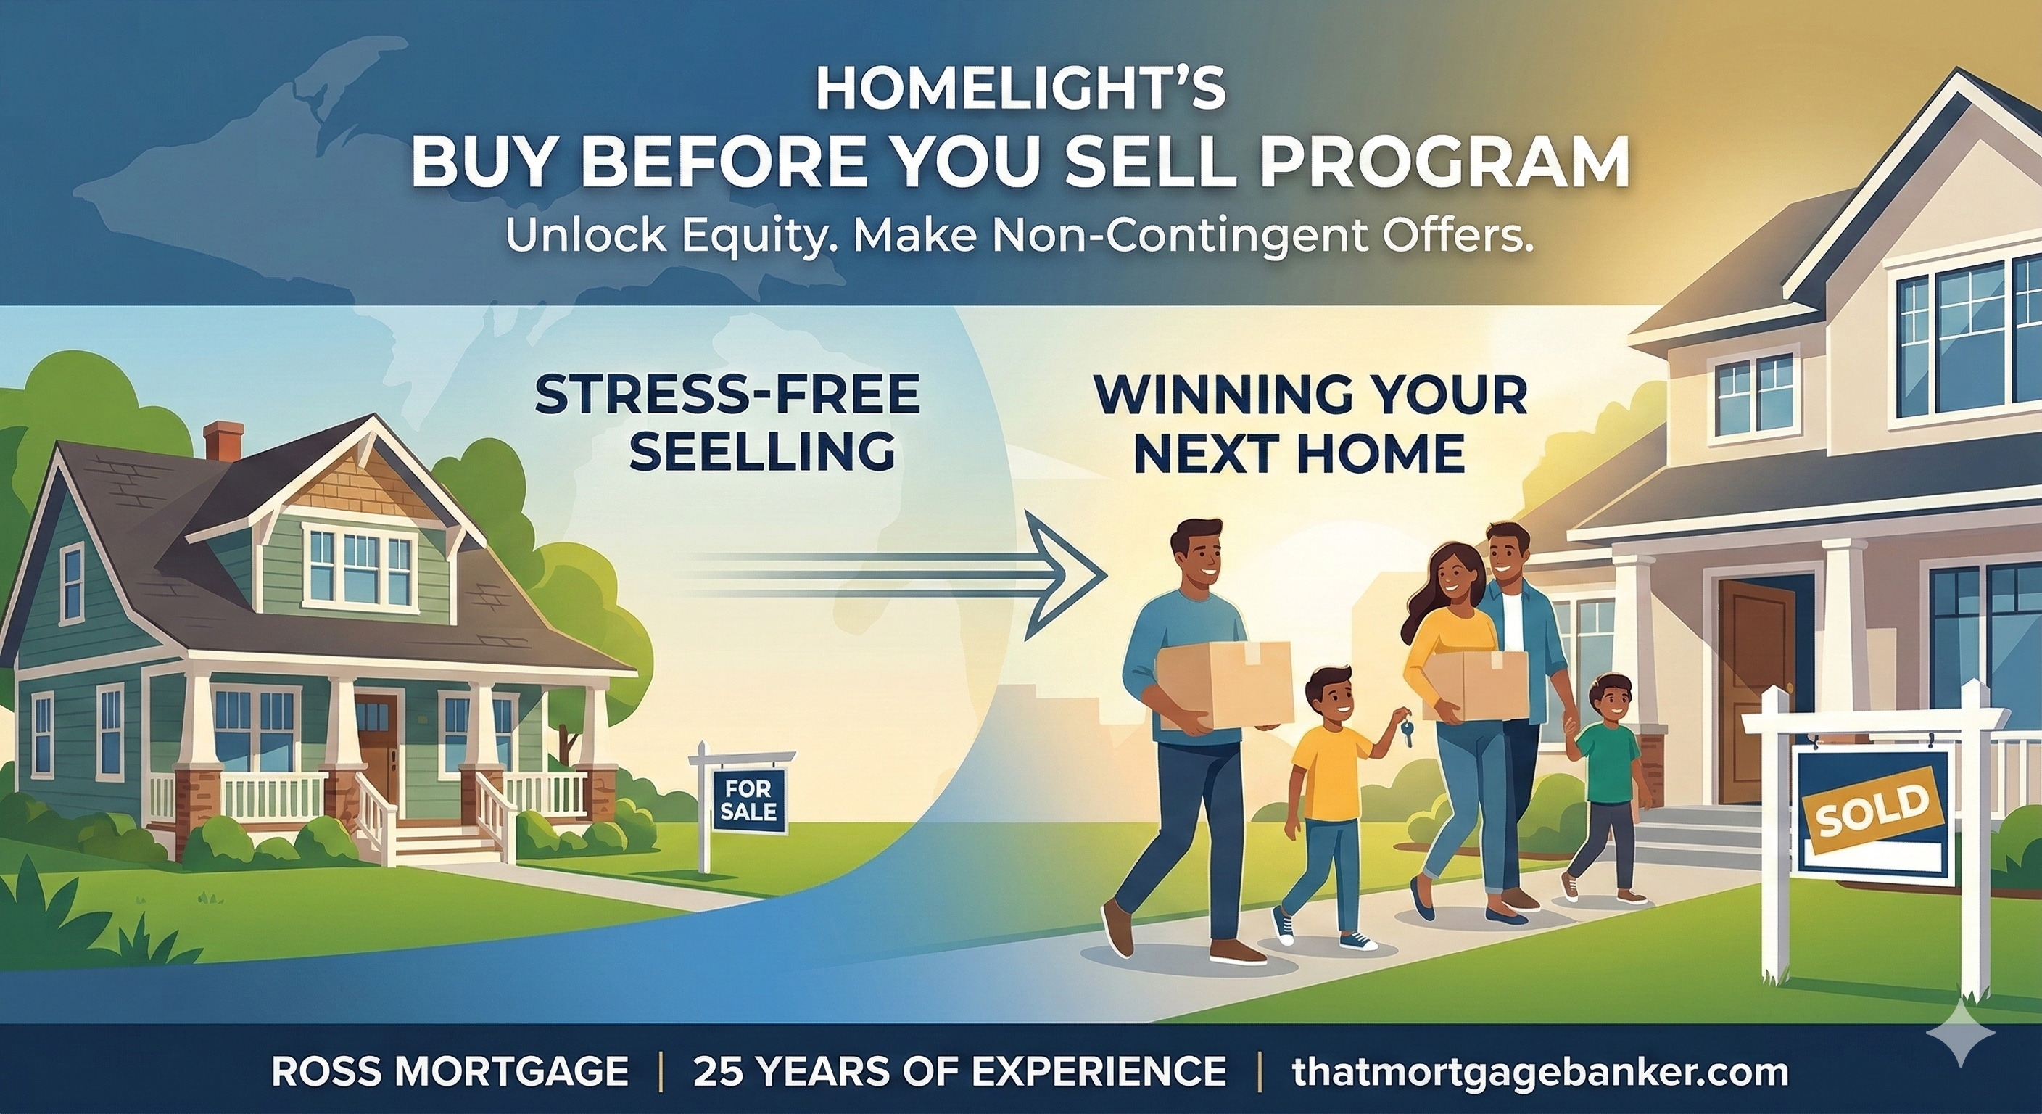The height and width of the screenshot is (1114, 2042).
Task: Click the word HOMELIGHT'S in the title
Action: [1020, 91]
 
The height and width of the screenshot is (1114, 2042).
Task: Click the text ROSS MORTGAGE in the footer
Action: [450, 1072]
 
